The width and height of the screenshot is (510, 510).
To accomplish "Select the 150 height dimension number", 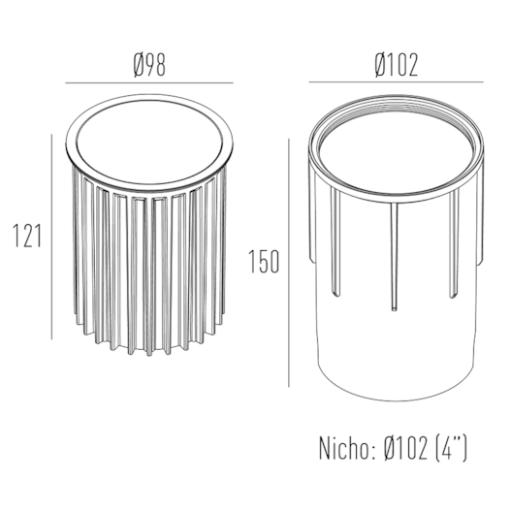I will tap(263, 261).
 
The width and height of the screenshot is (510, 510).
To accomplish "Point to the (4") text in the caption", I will tap(452, 449).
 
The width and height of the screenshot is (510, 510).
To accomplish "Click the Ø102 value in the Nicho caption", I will tap(405, 449).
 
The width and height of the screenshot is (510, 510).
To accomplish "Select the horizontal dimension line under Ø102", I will tap(397, 83).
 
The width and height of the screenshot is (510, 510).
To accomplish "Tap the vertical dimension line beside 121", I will tap(51, 237).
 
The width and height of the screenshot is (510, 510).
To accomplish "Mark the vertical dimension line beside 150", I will tap(288, 262).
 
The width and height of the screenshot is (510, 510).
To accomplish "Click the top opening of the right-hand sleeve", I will tap(396, 155).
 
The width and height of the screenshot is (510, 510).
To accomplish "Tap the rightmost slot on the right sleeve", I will tap(453, 247).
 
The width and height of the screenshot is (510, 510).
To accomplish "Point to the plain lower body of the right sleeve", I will tap(396, 349).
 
